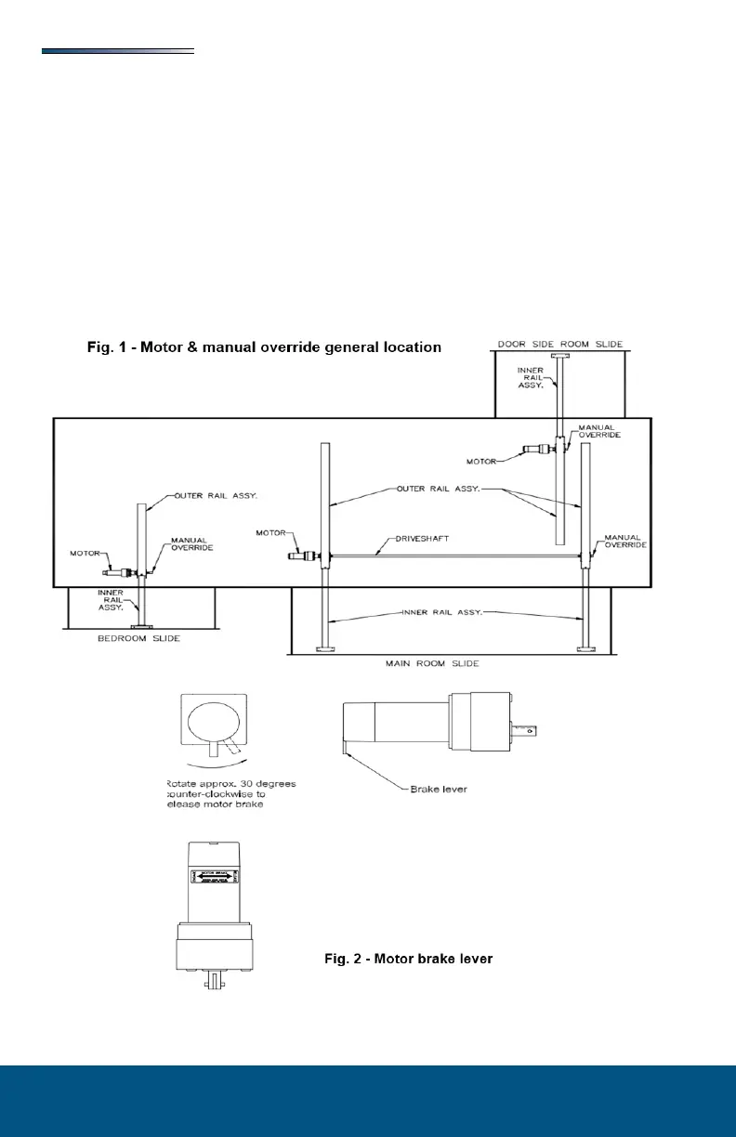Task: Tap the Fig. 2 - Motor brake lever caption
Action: tap(408, 959)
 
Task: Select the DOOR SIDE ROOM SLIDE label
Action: tap(559, 345)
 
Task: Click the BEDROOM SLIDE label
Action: tap(140, 639)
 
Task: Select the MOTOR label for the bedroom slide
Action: tap(85, 554)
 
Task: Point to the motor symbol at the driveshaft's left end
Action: tap(306, 555)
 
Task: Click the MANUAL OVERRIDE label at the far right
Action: tap(624, 542)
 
